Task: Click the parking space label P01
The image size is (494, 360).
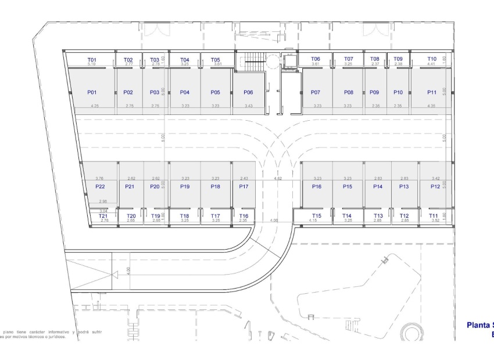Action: click(x=91, y=92)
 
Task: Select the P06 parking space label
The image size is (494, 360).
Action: click(x=248, y=92)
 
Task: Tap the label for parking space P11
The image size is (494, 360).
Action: click(x=432, y=92)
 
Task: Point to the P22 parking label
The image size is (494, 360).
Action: click(x=99, y=186)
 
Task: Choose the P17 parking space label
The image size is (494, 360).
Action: click(x=244, y=186)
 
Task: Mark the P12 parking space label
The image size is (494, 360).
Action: click(x=435, y=186)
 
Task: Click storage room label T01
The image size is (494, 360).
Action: click(x=91, y=59)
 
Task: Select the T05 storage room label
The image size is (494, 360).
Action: click(x=216, y=59)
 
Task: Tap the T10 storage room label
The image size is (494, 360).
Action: click(x=432, y=59)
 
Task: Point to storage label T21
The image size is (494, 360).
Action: click(x=104, y=215)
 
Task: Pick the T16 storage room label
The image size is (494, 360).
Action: click(x=244, y=215)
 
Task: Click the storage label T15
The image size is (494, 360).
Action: click(x=316, y=215)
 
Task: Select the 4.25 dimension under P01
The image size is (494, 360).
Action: click(x=95, y=106)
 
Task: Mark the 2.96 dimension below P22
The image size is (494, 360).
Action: click(x=102, y=201)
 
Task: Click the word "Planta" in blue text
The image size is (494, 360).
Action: click(x=479, y=326)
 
